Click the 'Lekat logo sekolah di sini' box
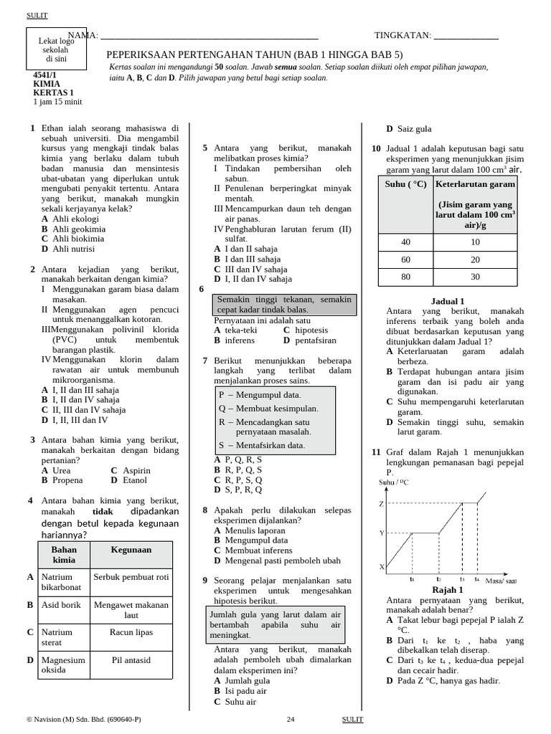[56, 50]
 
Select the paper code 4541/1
[44, 75]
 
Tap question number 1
[32, 128]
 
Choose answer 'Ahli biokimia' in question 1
[73, 239]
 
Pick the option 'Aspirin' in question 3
[136, 471]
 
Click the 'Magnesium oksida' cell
[63, 664]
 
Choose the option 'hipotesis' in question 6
[312, 330]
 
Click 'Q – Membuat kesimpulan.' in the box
[268, 409]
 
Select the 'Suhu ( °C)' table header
[405, 184]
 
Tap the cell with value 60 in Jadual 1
[405, 259]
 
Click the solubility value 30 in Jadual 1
[475, 277]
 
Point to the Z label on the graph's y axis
[381, 504]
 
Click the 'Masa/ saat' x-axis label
[501, 580]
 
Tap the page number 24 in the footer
[291, 719]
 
